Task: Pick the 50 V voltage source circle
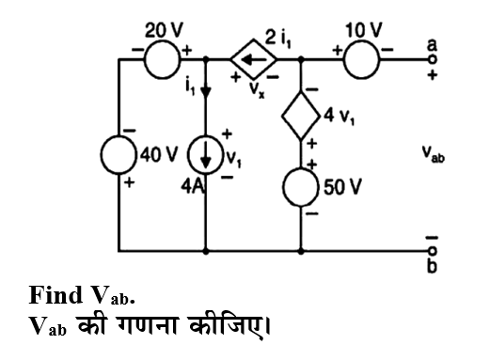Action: point(300,182)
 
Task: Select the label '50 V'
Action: point(342,183)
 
